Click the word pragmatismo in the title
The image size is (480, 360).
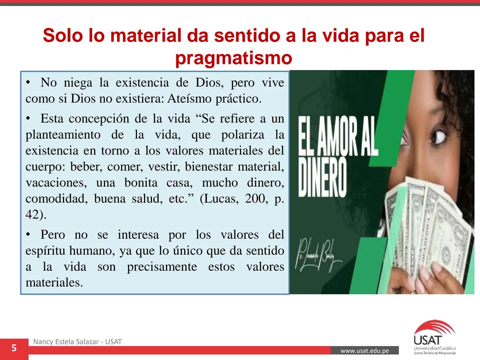point(234,58)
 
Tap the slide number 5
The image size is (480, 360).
point(14,348)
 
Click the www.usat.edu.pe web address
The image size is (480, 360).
point(365,351)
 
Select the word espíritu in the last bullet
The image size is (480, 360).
point(46,251)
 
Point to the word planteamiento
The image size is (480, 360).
point(63,135)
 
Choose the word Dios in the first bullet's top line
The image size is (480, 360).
point(209,83)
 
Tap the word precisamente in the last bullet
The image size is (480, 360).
point(162,267)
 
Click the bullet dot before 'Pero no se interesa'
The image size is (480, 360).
point(29,235)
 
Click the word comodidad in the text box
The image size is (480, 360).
point(56,199)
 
